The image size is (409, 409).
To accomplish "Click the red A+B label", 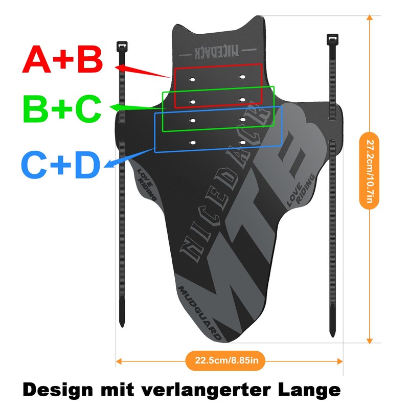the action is coord(62,59).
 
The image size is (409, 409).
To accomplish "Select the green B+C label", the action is coord(62,108).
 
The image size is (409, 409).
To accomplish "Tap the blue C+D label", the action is coord(61,165).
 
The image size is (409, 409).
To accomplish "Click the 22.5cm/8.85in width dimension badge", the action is coord(225,361).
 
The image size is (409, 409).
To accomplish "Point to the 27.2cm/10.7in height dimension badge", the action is coord(369,171).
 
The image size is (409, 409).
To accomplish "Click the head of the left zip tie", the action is coord(122,46).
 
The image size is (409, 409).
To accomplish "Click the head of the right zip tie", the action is coord(332,39).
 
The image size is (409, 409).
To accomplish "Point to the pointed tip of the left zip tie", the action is coord(122,326).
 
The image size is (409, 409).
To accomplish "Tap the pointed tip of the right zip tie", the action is coord(333,336).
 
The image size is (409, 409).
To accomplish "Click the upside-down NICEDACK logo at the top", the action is coord(217,52).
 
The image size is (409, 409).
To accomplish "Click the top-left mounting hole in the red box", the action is coord(192,80).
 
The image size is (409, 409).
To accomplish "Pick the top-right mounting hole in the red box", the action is coord(242,77).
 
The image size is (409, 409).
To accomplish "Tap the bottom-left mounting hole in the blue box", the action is coord(193,143).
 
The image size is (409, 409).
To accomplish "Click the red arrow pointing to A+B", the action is coord(143,72).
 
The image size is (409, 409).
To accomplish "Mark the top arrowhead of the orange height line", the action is coord(369,17).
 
